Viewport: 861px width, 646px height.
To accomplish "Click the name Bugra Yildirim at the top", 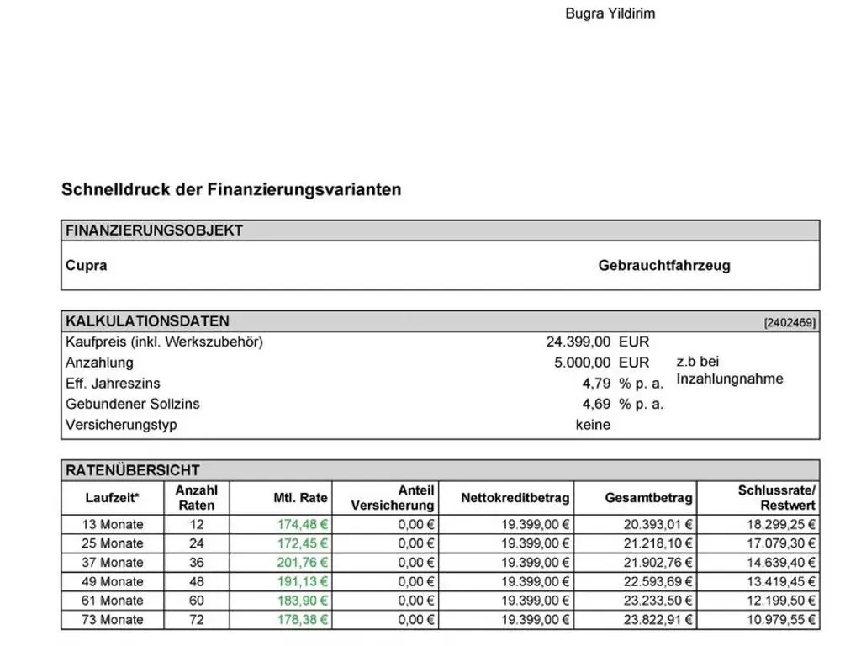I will pyautogui.click(x=610, y=13).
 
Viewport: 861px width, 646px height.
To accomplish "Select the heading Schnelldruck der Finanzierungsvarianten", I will pyautogui.click(x=231, y=189).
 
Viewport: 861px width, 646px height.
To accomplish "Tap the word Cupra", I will pyautogui.click(x=87, y=265).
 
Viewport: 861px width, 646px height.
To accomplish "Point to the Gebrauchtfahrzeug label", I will pyautogui.click(x=664, y=265).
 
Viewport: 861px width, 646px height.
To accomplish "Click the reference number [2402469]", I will pyautogui.click(x=790, y=322).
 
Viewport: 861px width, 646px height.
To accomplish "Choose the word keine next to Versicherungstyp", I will pyautogui.click(x=593, y=425).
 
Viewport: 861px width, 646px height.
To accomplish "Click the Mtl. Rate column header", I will pyautogui.click(x=300, y=498).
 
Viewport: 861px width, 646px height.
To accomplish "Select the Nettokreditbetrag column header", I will pyautogui.click(x=515, y=498).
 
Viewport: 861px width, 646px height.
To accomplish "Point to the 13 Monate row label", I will pyautogui.click(x=113, y=524).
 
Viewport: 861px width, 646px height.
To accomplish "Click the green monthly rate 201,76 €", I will pyautogui.click(x=303, y=562).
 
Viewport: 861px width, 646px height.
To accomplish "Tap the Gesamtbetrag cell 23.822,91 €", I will pyautogui.click(x=658, y=620).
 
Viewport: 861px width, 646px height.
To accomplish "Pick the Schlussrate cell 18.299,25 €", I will pyautogui.click(x=778, y=524).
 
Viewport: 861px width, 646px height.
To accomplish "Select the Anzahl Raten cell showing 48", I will pyautogui.click(x=197, y=581).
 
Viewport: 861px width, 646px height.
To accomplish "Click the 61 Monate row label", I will pyautogui.click(x=113, y=601).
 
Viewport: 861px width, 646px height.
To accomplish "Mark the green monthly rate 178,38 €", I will pyautogui.click(x=303, y=620).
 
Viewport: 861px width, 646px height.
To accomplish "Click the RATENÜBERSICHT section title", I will pyautogui.click(x=133, y=470).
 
